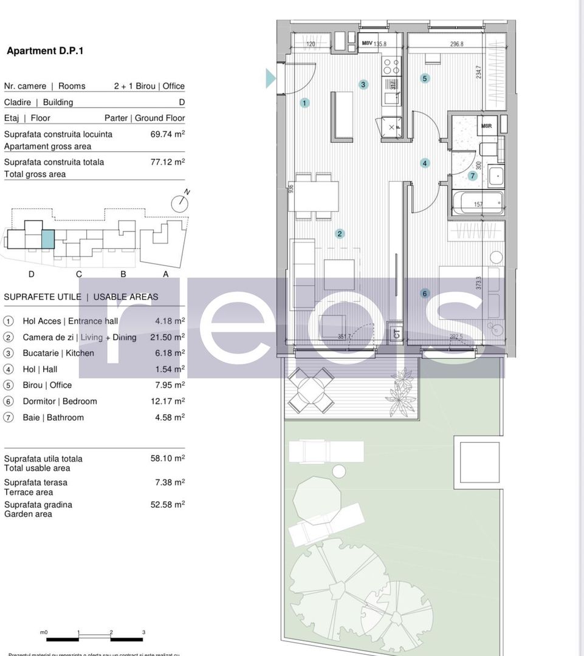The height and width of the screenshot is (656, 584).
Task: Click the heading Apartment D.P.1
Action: pyautogui.click(x=45, y=51)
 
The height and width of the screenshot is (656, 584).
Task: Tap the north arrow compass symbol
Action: pyautogui.click(x=180, y=203)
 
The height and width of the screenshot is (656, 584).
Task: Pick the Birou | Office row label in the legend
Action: pyautogui.click(x=47, y=385)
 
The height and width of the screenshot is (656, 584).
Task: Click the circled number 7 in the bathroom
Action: pyautogui.click(x=473, y=176)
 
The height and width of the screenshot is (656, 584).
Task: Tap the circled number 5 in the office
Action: pyautogui.click(x=425, y=78)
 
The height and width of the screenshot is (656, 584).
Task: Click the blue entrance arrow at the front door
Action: pyautogui.click(x=270, y=78)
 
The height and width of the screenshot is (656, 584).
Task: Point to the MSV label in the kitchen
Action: pyautogui.click(x=367, y=44)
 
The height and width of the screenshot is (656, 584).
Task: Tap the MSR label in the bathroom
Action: pyautogui.click(x=486, y=126)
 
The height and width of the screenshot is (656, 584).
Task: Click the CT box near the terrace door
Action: pyautogui.click(x=396, y=333)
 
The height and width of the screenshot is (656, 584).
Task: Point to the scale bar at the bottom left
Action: pyautogui.click(x=94, y=638)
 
